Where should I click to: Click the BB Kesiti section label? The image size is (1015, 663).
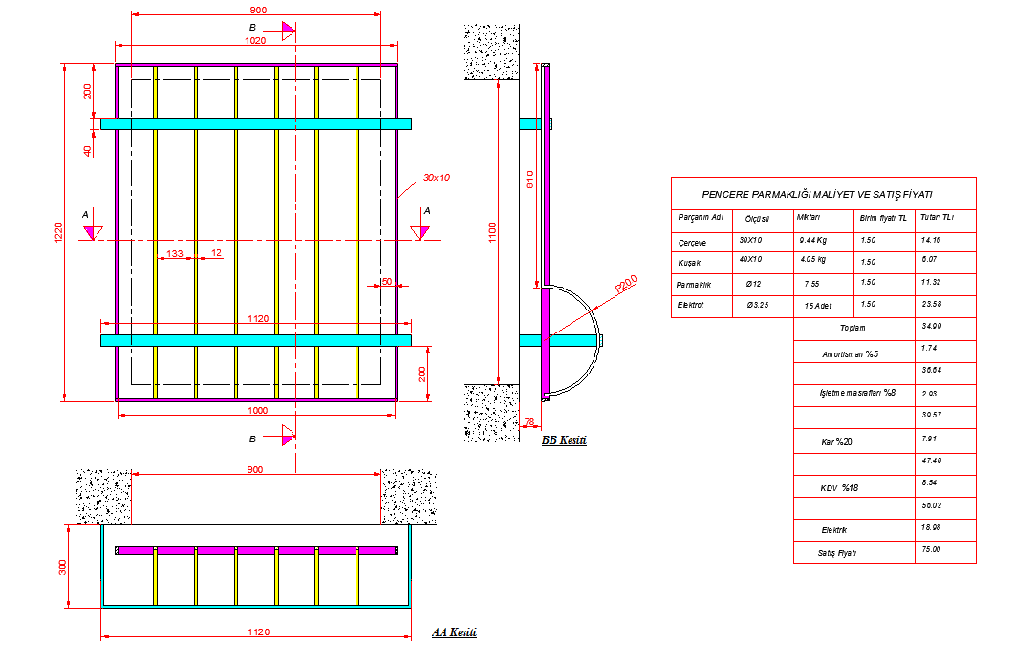pos(564,440)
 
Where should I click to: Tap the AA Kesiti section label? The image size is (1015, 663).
pos(454,632)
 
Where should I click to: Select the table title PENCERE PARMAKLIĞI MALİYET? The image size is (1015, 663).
pos(823,194)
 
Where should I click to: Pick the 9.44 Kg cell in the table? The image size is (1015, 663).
pos(812,241)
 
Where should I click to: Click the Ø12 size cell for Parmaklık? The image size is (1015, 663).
pos(752,284)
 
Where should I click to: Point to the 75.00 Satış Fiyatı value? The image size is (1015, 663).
pos(931,550)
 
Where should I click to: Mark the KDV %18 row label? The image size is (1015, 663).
pos(839,488)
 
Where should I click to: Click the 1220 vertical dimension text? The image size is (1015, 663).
pos(58,231)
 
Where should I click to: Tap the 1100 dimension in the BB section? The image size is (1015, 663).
pos(493,231)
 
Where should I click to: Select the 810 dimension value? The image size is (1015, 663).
pos(529,179)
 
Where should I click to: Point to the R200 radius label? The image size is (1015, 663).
pos(626,284)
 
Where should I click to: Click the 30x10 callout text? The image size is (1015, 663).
pos(437,178)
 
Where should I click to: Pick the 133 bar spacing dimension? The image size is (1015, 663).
pos(175,253)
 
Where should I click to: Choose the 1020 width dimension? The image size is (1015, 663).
pos(255,41)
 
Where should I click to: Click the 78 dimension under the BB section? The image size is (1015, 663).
pos(530,420)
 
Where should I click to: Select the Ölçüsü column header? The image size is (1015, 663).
pos(758,218)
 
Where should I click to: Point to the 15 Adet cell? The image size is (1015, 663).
pos(815,306)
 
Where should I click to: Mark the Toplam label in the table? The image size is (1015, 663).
pos(853,327)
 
